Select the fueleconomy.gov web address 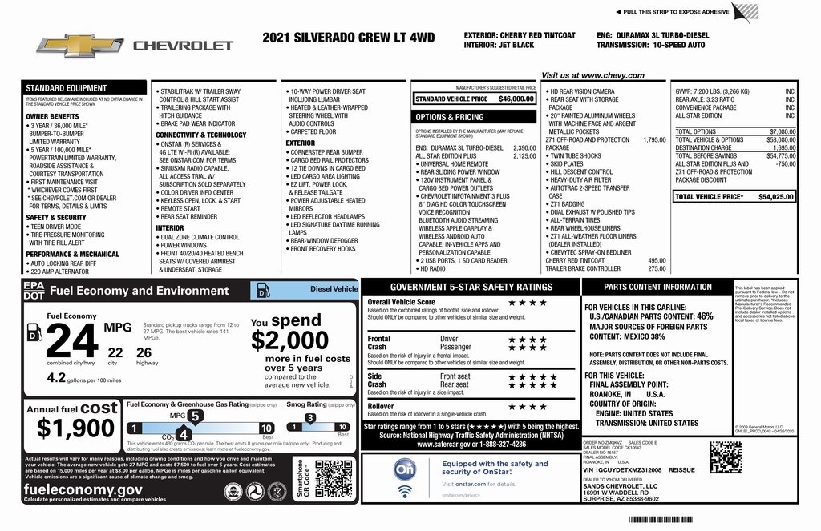(83, 489)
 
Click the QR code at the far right (725, 457)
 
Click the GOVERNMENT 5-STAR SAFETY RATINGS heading (471, 287)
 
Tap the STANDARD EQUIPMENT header (66, 88)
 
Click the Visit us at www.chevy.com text (592, 75)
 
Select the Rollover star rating (526, 407)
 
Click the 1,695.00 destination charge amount (779, 147)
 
